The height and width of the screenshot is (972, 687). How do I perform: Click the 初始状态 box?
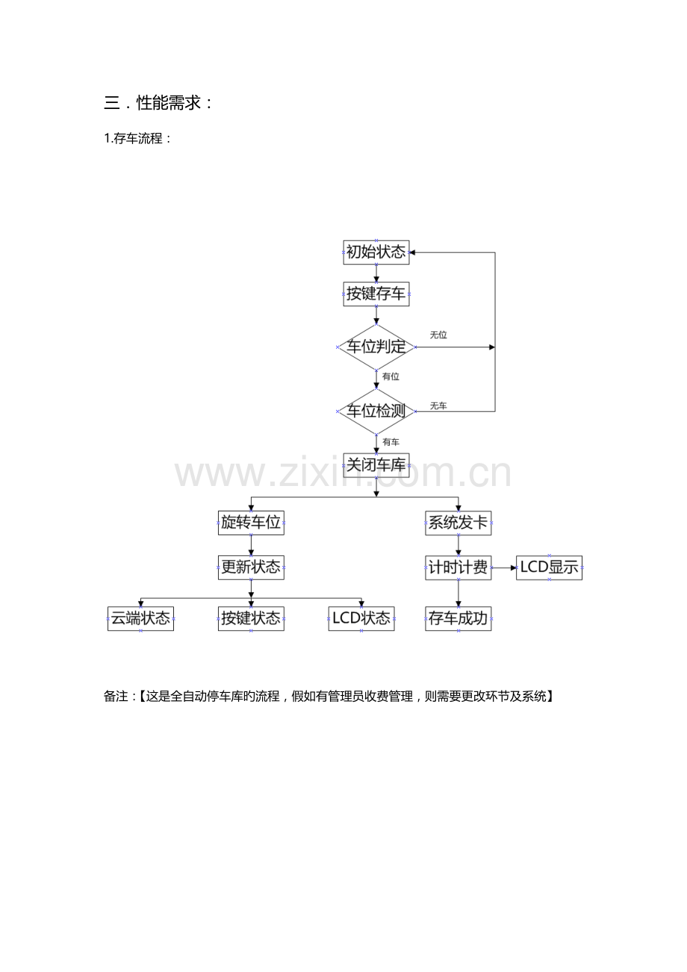tap(376, 252)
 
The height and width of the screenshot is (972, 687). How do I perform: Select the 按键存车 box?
tap(376, 294)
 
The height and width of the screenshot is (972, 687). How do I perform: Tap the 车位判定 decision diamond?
tap(376, 346)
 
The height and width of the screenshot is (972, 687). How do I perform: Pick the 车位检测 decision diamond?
tap(376, 411)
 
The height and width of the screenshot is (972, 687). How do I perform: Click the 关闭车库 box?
tap(376, 465)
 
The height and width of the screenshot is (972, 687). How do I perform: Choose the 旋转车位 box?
tap(251, 523)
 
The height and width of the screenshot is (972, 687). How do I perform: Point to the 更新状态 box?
tap(251, 567)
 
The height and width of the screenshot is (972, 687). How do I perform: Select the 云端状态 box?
tap(140, 618)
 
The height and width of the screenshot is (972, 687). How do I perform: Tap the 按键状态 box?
tap(251, 618)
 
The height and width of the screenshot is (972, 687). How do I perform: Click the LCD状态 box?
tap(361, 618)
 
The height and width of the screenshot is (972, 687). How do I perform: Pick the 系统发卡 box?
tap(458, 523)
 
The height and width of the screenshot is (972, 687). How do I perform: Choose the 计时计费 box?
tap(458, 567)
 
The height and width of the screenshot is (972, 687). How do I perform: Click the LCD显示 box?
tap(549, 567)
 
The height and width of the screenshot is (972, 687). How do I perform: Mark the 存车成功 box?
tap(458, 618)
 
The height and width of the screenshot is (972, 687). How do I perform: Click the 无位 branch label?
tap(438, 334)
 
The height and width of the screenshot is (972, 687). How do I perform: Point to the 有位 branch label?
tap(391, 376)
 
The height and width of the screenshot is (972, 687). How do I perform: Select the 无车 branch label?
tap(438, 405)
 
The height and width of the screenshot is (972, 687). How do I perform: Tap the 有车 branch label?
tap(391, 442)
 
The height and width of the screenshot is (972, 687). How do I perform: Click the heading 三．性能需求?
tap(158, 103)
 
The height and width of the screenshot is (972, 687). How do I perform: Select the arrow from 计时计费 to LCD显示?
tap(503, 567)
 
